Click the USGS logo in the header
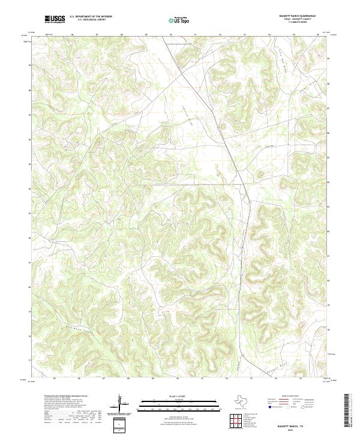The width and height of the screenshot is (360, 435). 55,20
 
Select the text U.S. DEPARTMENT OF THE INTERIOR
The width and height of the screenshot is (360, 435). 91,17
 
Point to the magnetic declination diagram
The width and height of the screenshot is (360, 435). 122,406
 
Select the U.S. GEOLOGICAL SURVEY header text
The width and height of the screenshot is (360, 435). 91,20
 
